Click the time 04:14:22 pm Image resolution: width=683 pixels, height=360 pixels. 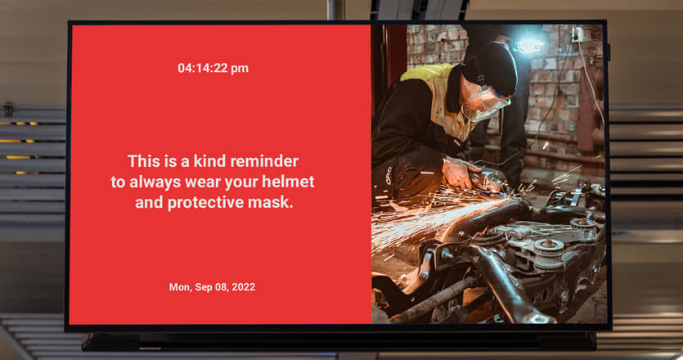(x=213, y=68)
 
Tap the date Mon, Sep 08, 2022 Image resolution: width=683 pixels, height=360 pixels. (x=212, y=287)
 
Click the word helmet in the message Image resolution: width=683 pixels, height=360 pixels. (x=288, y=182)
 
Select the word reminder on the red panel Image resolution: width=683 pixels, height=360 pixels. (x=264, y=161)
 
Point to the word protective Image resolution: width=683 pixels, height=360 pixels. (x=205, y=202)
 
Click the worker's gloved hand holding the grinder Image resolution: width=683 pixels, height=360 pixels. (x=457, y=172)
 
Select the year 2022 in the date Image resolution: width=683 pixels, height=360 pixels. (x=244, y=287)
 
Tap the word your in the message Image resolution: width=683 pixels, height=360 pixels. (x=240, y=182)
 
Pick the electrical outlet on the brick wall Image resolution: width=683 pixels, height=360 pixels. (x=577, y=34)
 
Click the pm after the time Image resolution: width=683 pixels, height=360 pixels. (x=240, y=70)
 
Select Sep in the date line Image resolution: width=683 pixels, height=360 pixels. (x=203, y=288)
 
